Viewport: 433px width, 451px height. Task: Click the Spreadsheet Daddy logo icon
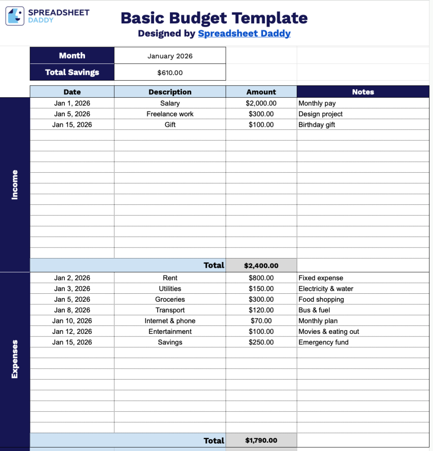click(x=15, y=16)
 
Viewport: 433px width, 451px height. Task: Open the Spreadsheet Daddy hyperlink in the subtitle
click(x=244, y=33)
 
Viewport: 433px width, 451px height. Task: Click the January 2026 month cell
click(x=170, y=56)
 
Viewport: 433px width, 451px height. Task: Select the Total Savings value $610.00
click(x=170, y=73)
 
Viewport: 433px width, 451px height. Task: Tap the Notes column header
click(x=363, y=92)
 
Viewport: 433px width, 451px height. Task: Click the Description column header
click(x=170, y=92)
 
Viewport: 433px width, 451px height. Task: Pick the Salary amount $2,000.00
click(x=261, y=104)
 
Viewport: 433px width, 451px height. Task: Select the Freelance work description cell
click(x=170, y=114)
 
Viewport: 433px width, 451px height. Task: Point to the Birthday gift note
click(x=317, y=125)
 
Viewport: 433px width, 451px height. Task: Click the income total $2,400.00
click(x=261, y=266)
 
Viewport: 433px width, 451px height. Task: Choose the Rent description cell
click(x=170, y=278)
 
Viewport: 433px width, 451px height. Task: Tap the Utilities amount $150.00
click(x=261, y=289)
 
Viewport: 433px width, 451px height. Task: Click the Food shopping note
click(x=321, y=299)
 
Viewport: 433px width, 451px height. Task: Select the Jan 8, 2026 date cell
click(x=72, y=310)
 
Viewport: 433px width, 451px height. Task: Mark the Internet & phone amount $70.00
click(x=261, y=321)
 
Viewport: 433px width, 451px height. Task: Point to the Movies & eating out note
click(x=329, y=332)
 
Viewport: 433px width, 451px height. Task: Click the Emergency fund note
click(x=323, y=342)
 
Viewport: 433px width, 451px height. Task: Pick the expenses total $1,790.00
click(x=261, y=440)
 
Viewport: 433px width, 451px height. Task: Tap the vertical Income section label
click(x=15, y=185)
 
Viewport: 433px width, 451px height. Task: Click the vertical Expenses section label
click(x=15, y=359)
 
